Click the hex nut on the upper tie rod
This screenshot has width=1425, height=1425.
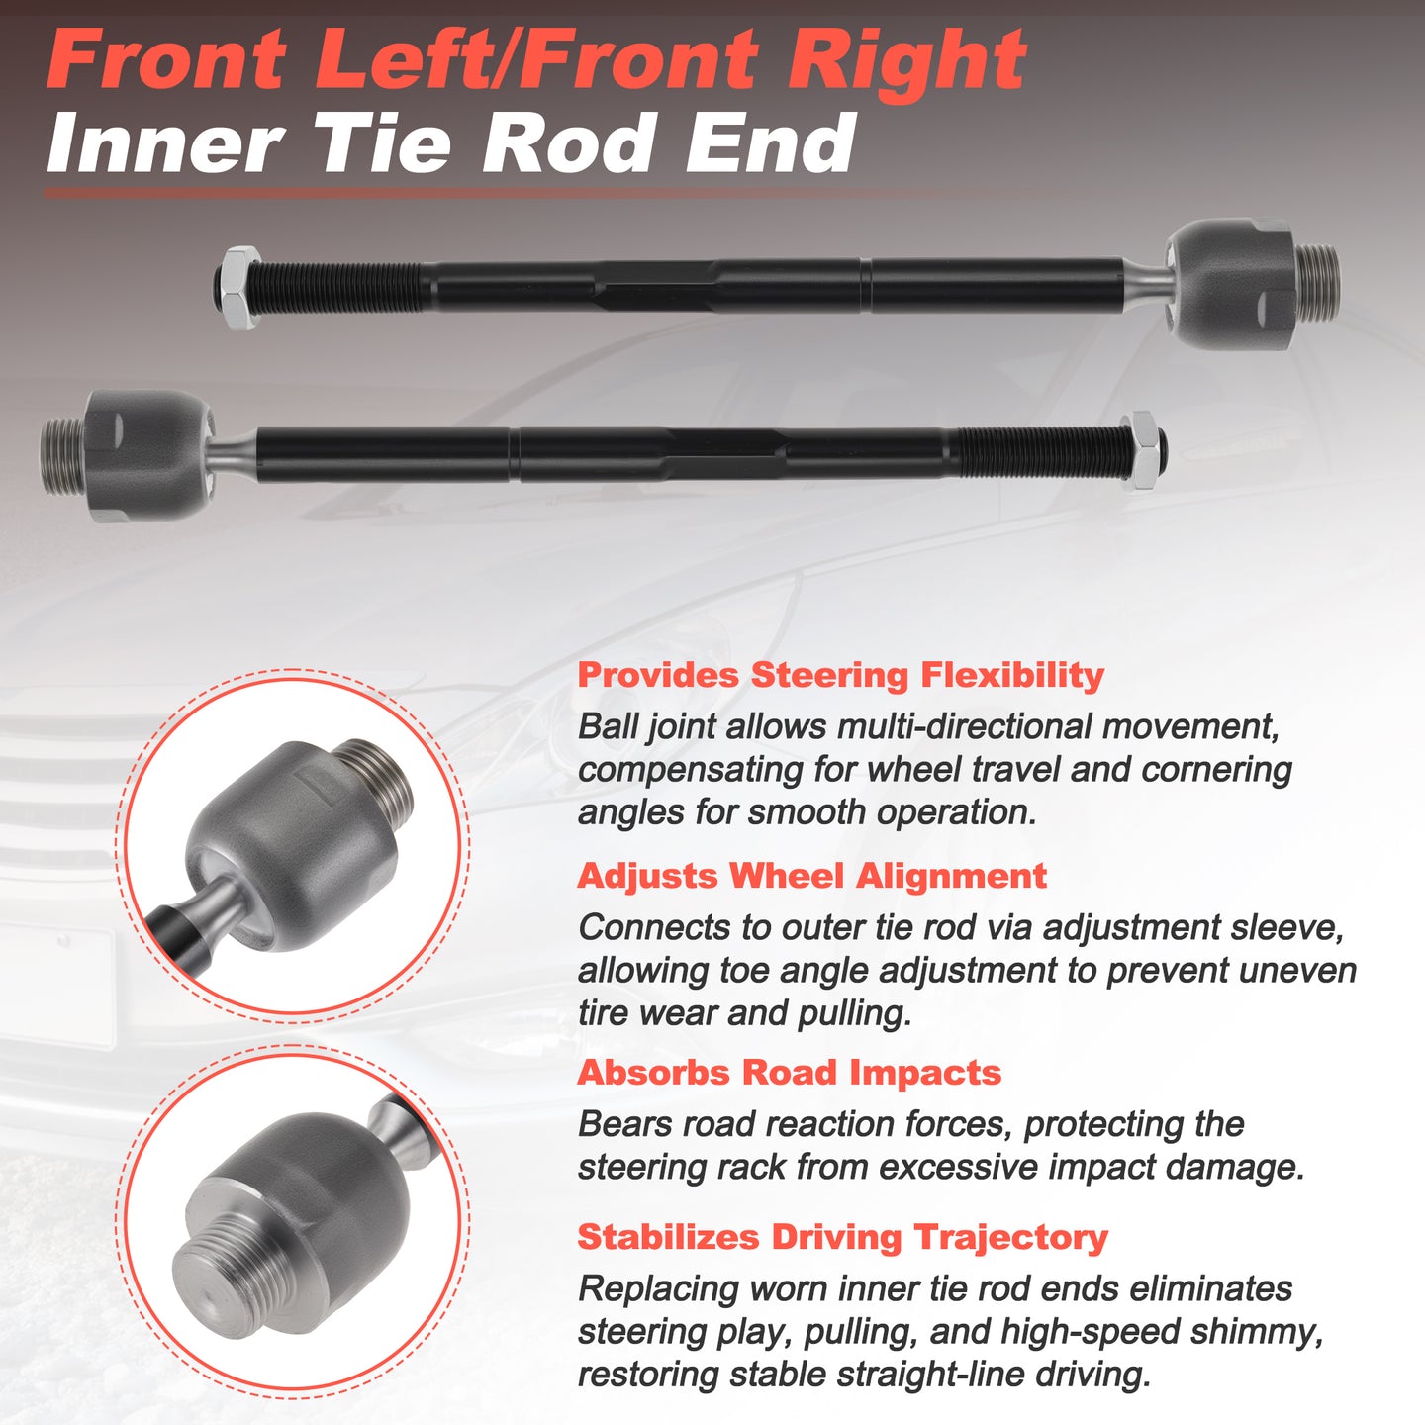241,287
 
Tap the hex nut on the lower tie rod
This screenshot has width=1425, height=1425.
1142,451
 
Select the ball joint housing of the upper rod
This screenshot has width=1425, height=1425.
1230,284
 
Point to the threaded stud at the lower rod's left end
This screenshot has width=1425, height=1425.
63,455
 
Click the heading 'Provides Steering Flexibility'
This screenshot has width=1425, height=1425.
840,675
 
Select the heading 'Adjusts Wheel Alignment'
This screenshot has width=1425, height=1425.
812,876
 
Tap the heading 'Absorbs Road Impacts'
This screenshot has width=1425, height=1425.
789,1073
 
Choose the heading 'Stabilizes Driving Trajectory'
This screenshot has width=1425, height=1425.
842,1237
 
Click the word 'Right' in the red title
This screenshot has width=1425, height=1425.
906,60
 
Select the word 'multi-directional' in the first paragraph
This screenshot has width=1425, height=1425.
964,727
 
